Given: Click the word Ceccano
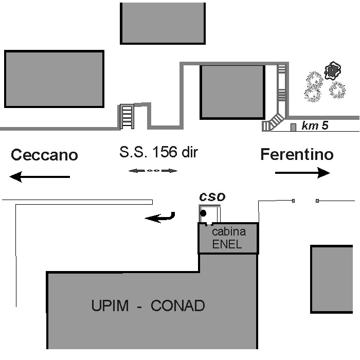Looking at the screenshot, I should [x=44, y=155].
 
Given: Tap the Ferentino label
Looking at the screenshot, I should [x=297, y=154].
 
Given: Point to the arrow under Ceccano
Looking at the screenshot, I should [x=40, y=177].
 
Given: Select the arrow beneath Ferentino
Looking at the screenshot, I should [x=302, y=173].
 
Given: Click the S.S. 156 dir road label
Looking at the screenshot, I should [x=158, y=152].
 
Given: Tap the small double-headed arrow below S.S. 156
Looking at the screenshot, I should [x=153, y=171].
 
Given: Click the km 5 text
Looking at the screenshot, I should [x=315, y=125].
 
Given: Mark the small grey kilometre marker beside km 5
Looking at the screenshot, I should [x=293, y=127].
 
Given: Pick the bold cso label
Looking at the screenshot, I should [x=212, y=196].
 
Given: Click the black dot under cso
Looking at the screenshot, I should [x=203, y=213].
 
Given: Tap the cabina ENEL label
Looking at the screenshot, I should [x=228, y=238].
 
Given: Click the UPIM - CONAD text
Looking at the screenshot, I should [x=148, y=306].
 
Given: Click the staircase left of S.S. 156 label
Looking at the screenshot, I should [x=127, y=116].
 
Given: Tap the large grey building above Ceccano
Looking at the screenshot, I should [x=54, y=79].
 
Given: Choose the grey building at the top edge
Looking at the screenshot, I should [x=163, y=23].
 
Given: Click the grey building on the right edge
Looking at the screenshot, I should [x=332, y=279].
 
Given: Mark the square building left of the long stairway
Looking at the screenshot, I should [x=231, y=92].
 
